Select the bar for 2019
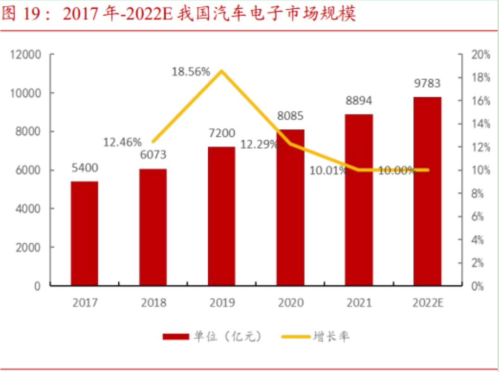click(221, 216)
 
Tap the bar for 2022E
click(427, 191)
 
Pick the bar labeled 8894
click(358, 200)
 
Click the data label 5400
click(84, 168)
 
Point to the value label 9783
click(427, 83)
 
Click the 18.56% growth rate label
click(191, 72)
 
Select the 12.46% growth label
click(122, 142)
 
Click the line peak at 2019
click(222, 71)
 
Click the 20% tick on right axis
click(480, 55)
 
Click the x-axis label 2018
click(153, 303)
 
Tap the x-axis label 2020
click(290, 303)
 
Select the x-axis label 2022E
click(427, 303)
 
